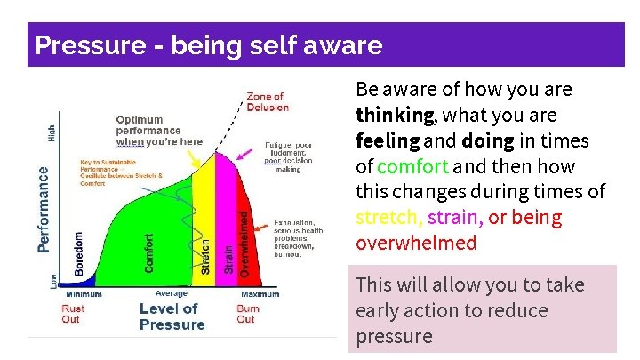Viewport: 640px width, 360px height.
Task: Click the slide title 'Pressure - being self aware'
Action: (x=207, y=44)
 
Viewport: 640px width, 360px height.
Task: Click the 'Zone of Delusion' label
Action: (x=267, y=101)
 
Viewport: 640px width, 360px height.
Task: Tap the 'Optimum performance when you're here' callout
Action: (x=158, y=131)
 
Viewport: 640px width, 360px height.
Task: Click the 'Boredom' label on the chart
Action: (x=78, y=252)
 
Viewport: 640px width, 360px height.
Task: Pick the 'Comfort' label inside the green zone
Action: (x=148, y=252)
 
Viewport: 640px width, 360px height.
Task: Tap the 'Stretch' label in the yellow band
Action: (x=205, y=256)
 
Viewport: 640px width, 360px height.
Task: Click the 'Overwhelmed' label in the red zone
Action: (x=244, y=241)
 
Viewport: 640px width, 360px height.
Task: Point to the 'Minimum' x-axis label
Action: (x=82, y=294)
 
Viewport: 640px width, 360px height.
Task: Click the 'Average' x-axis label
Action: (x=171, y=293)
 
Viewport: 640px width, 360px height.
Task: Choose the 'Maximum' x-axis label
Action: (x=260, y=294)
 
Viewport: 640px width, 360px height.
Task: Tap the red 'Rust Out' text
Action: (x=73, y=314)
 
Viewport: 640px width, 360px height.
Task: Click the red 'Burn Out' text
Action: (x=246, y=314)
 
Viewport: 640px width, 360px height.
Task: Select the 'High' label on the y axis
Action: (x=51, y=133)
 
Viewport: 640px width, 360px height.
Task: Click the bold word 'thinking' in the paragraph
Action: (x=395, y=116)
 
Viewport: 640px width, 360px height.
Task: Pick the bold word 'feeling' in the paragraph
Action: (x=388, y=141)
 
